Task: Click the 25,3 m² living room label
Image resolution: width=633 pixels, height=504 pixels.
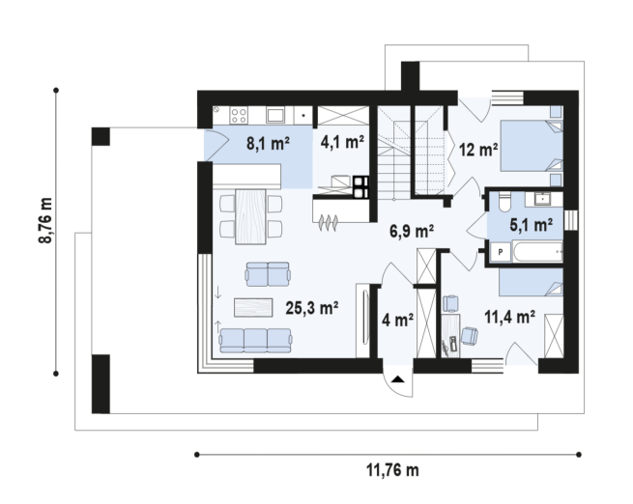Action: [311, 308]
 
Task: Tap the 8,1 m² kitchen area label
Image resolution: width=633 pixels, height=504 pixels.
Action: [269, 144]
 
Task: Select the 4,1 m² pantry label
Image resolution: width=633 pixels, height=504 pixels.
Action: [342, 142]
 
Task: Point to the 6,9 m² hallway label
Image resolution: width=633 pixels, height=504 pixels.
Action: [412, 231]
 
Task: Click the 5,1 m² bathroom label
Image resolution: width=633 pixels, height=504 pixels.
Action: [531, 225]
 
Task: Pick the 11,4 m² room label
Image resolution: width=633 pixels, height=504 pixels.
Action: [510, 317]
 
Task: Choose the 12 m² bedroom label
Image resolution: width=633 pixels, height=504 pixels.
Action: [478, 150]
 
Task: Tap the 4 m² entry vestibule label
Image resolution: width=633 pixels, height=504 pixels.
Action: [397, 321]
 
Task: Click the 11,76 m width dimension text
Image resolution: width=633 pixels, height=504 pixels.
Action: [392, 470]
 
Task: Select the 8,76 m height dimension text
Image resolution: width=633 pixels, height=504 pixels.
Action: [45, 220]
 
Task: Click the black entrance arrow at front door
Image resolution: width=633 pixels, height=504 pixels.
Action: [398, 379]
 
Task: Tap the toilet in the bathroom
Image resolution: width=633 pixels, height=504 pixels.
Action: [505, 202]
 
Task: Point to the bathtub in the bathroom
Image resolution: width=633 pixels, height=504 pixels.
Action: [537, 252]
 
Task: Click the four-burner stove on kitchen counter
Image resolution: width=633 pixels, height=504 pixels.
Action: [239, 115]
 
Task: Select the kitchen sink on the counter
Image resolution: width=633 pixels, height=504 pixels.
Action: [275, 115]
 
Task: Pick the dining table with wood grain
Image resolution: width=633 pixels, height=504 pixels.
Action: [250, 216]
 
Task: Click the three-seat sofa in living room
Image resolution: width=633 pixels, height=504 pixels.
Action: [255, 340]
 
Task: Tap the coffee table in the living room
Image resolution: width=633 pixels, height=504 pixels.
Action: [253, 307]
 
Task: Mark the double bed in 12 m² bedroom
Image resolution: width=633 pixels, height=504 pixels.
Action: [532, 146]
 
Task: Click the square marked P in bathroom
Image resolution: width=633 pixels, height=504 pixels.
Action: [501, 252]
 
